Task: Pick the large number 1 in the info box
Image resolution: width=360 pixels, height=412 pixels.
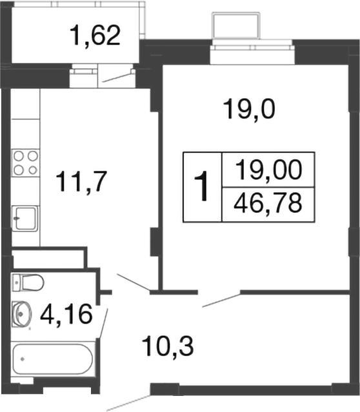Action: (203, 187)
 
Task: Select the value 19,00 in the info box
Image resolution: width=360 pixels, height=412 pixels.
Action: (268, 171)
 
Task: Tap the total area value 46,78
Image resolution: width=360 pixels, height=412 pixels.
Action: (268, 204)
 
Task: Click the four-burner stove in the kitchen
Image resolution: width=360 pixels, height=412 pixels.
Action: (26, 162)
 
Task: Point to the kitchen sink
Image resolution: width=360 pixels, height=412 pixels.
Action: (26, 217)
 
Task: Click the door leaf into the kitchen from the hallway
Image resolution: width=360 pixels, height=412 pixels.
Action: (134, 282)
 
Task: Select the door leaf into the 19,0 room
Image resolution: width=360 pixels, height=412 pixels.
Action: (221, 300)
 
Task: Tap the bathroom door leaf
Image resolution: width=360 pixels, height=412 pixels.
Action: (103, 322)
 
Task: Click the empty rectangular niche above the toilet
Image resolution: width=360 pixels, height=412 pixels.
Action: (48, 258)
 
